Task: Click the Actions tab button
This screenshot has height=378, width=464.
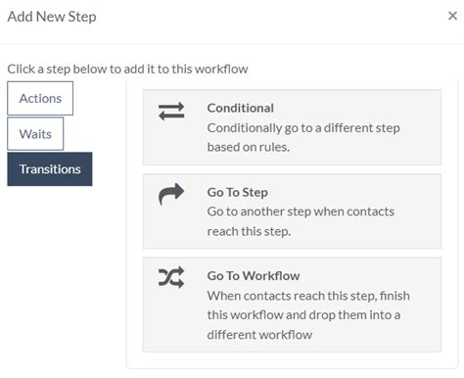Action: pos(40,98)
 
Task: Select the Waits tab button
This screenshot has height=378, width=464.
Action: pos(35,133)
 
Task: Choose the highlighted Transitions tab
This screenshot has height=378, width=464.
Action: pos(50,169)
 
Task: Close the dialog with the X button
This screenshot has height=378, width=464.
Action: pos(451,17)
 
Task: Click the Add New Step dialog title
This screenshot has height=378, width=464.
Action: pos(52,17)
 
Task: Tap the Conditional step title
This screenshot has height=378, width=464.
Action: pos(241,109)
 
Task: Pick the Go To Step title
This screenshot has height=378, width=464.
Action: pos(238,193)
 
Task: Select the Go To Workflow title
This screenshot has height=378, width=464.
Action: pos(254,276)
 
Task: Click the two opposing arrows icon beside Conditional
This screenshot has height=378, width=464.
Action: pos(171,112)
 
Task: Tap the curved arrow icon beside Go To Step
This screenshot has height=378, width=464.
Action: pos(171,196)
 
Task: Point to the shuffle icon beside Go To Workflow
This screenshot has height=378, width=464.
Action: pos(171,279)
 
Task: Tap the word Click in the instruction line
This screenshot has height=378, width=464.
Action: pos(23,70)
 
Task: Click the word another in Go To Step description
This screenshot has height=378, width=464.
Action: pos(256,212)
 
